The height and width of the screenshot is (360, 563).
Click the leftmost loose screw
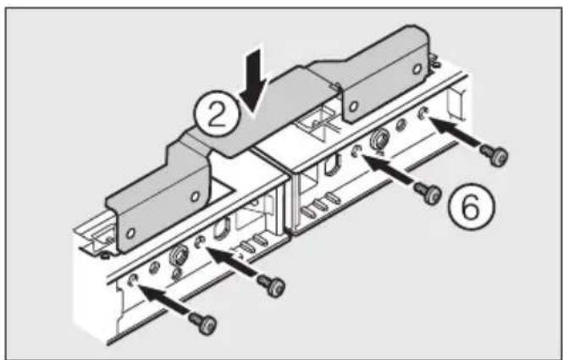pos(201,323)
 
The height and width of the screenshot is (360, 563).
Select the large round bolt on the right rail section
pos(378,139)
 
